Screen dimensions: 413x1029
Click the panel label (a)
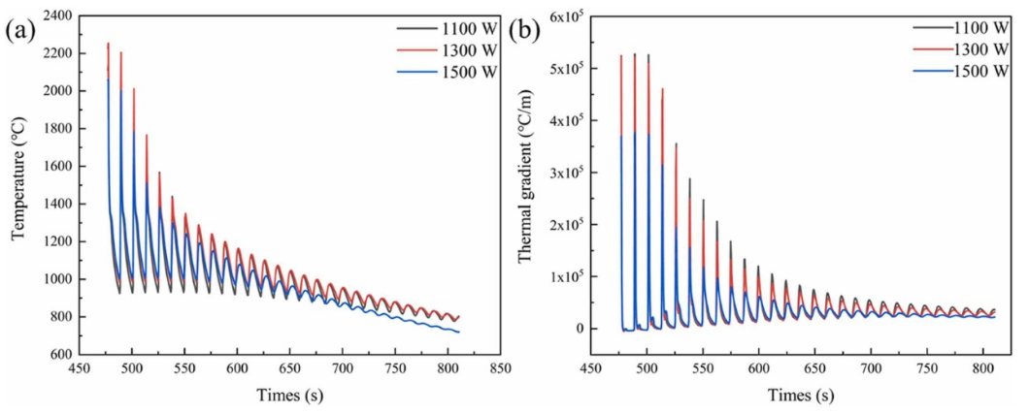21,29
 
